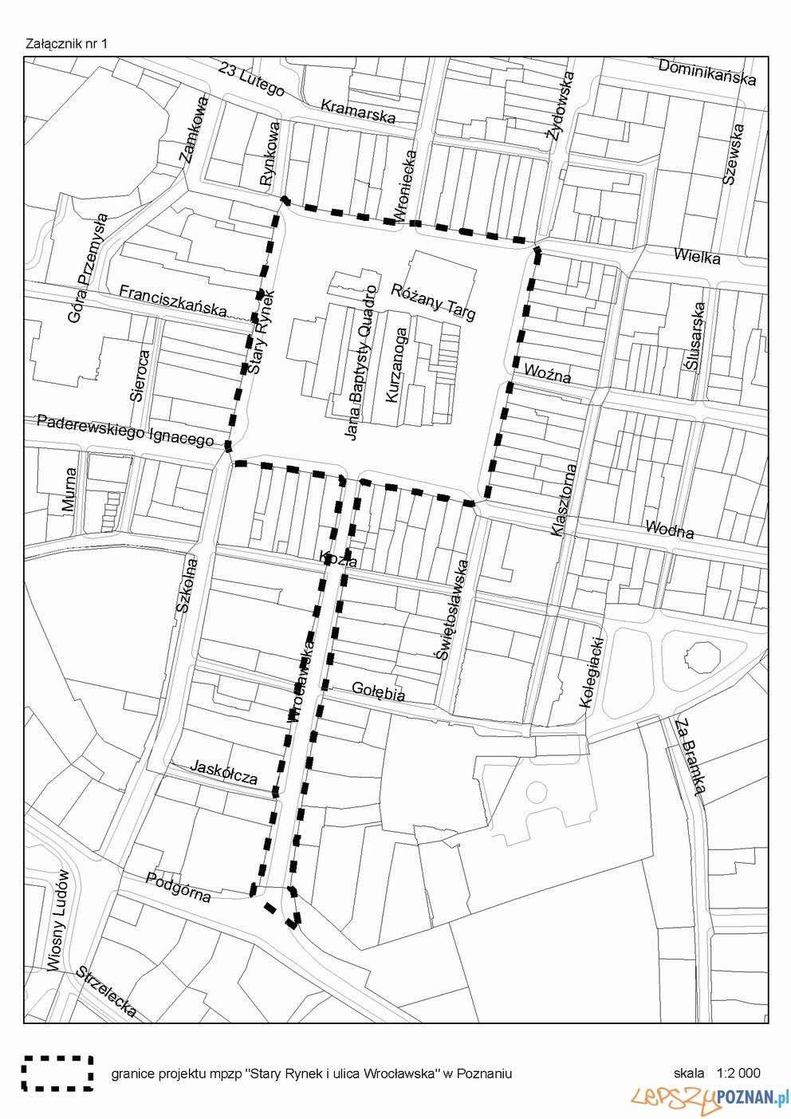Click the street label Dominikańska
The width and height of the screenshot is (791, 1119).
tap(706, 72)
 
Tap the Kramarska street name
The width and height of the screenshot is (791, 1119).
tap(358, 111)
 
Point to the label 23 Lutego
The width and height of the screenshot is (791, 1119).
tap(251, 80)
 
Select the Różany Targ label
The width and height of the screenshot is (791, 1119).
tap(433, 301)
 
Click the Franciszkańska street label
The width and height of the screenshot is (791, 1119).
tap(173, 301)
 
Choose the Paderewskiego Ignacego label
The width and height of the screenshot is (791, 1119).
tap(125, 430)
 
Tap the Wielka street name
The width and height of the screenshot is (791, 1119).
tap(696, 256)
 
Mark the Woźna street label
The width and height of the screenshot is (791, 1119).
tap(547, 372)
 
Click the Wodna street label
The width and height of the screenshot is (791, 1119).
tap(669, 529)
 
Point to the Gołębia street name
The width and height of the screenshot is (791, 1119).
tap(378, 691)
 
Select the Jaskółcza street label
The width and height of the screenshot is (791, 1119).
tap(224, 771)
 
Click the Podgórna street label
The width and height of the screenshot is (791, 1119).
tap(179, 887)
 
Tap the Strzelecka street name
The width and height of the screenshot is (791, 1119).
tap(107, 991)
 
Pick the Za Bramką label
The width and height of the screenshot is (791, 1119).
tap(691, 757)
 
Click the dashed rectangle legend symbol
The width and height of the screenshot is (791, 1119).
tap(57, 1073)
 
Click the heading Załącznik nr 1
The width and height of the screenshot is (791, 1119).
tap(66, 43)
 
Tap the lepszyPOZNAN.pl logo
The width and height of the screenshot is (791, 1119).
tap(709, 1099)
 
